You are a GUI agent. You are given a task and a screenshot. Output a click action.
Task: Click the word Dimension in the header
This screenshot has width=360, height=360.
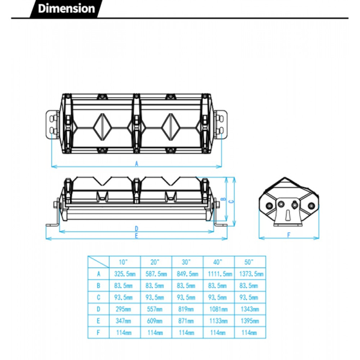(x=67, y=9)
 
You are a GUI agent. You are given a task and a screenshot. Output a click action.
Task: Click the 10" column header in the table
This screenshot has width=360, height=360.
(x=123, y=262)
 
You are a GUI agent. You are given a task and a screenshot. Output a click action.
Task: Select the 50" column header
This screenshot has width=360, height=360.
(x=248, y=262)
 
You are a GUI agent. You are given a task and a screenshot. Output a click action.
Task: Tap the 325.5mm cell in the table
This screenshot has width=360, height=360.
(x=125, y=274)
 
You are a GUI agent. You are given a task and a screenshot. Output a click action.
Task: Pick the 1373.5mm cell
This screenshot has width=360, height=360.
(x=251, y=274)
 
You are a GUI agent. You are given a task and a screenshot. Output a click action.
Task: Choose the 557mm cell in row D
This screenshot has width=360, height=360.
(x=155, y=309)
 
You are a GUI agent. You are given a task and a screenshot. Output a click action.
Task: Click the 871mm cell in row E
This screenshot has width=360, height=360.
(x=186, y=321)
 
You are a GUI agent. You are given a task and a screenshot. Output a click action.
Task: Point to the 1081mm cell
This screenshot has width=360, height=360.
(x=218, y=309)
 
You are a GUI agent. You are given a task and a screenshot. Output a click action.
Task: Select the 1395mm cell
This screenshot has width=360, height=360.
(x=250, y=321)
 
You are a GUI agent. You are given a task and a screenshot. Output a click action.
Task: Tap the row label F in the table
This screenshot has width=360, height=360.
(x=98, y=332)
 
